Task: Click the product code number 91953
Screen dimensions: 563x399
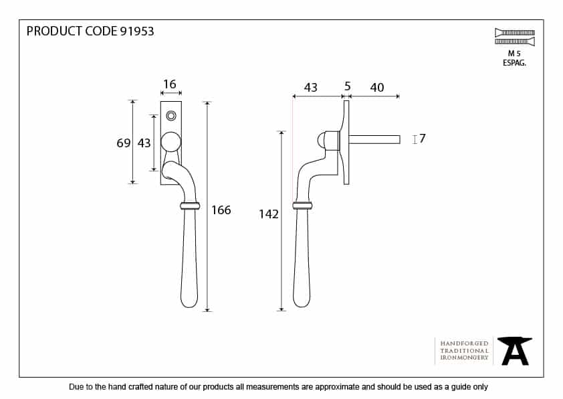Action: (137, 31)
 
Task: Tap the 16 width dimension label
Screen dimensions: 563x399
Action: (169, 84)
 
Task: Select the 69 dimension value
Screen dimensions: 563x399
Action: (124, 143)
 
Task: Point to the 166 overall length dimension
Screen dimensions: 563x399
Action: (221, 210)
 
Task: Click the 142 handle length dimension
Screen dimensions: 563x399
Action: (269, 214)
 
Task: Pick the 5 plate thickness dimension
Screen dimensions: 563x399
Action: (347, 86)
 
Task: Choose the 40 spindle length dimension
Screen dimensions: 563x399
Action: (377, 87)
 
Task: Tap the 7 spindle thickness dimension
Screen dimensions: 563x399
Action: (423, 139)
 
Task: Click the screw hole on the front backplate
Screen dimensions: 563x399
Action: (171, 116)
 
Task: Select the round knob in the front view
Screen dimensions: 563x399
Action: (171, 142)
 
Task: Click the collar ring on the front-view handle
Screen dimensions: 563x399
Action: (190, 206)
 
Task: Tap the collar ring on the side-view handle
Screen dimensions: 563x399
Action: (302, 206)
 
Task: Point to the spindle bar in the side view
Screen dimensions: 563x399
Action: (374, 139)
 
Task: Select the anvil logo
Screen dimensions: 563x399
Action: (515, 351)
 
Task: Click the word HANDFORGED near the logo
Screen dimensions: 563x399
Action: (464, 343)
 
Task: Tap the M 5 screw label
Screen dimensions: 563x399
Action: (514, 54)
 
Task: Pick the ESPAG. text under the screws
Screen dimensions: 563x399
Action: (514, 63)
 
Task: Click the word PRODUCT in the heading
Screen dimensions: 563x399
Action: (55, 31)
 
